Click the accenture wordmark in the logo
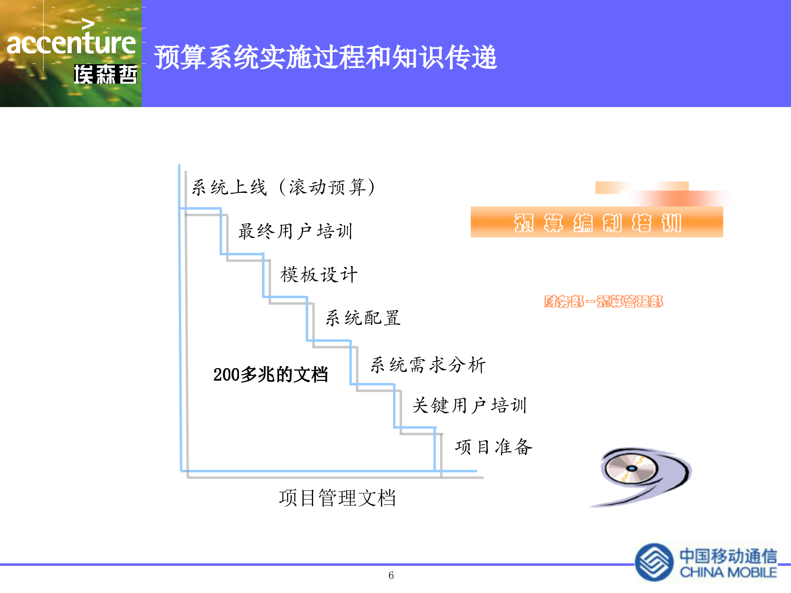pyautogui.click(x=71, y=43)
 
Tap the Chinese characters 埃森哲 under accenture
pyautogui.click(x=105, y=75)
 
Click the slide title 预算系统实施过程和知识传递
pyautogui.click(x=325, y=57)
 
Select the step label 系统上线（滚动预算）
pyautogui.click(x=283, y=187)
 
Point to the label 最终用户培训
pyautogui.click(x=295, y=231)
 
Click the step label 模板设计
pyautogui.click(x=319, y=275)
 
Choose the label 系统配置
pyautogui.click(x=363, y=318)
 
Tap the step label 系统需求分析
pyautogui.click(x=428, y=365)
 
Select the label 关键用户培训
pyautogui.click(x=470, y=406)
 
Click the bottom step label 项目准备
pyautogui.click(x=494, y=447)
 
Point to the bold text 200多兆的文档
pyautogui.click(x=270, y=374)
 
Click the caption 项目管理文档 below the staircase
pyautogui.click(x=337, y=498)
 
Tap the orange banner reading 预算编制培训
pyautogui.click(x=597, y=222)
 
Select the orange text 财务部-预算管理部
pyautogui.click(x=603, y=301)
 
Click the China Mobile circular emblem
pyautogui.click(x=654, y=563)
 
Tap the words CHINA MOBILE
pyautogui.click(x=728, y=572)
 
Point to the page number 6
pyautogui.click(x=391, y=575)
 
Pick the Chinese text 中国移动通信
pyautogui.click(x=728, y=556)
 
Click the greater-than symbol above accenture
pyautogui.click(x=88, y=24)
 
